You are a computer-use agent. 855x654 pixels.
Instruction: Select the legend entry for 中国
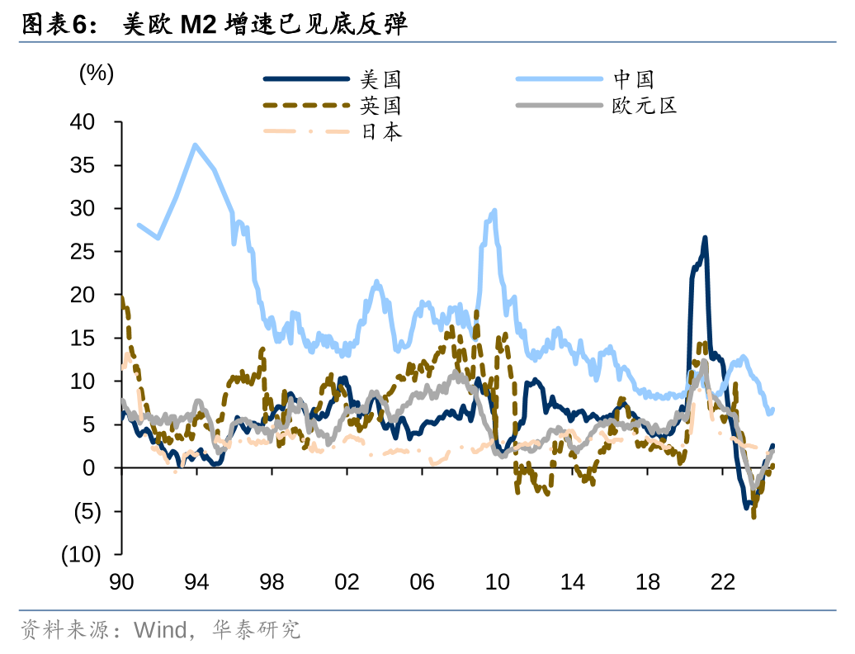[634, 79]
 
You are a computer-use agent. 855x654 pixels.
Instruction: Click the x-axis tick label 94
[196, 582]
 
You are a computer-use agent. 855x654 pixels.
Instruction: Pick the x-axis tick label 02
[347, 582]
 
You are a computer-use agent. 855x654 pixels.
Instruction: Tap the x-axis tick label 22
[723, 582]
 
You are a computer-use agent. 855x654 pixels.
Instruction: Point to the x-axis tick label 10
[497, 582]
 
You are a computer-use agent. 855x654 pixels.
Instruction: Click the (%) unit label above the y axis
[96, 73]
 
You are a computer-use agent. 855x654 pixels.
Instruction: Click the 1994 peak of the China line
[196, 145]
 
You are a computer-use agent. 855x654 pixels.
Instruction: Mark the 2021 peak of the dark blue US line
[705, 238]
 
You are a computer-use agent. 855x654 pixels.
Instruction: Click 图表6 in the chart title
[54, 25]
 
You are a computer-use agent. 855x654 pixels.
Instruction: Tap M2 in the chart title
[198, 25]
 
